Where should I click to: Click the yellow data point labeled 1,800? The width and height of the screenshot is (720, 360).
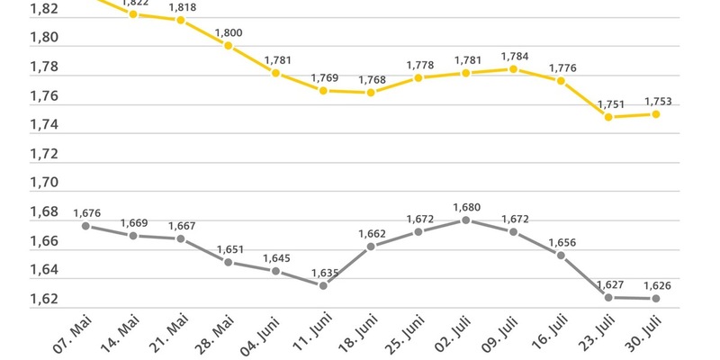[x=229, y=46]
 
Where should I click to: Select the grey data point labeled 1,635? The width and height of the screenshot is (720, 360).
[x=323, y=285]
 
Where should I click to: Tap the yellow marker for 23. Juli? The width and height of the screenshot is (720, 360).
[x=609, y=117]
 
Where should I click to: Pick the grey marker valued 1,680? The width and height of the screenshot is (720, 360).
[x=465, y=220]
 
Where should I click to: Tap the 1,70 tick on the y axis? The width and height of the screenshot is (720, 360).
[x=43, y=183]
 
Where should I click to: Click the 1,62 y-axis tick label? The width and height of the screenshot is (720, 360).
[x=43, y=299]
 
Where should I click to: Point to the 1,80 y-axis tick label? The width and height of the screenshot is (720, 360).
[x=43, y=38]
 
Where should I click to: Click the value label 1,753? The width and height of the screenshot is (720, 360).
[x=656, y=101]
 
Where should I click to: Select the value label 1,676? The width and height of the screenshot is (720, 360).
[x=86, y=212]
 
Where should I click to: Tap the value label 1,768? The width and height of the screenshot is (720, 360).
[x=371, y=80]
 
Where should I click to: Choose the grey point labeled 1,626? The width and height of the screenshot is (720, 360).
[x=656, y=298]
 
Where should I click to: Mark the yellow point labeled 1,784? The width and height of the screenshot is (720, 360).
[x=513, y=69]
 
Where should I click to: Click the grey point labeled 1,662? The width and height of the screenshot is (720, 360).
[x=371, y=246]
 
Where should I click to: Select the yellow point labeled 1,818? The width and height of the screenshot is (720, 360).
[x=181, y=20]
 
